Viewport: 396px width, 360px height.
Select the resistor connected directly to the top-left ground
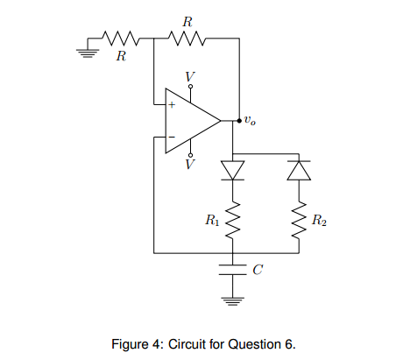120,38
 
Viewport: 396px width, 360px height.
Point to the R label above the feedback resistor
187,20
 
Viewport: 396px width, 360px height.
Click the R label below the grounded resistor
121,57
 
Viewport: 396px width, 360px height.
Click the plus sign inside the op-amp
172,105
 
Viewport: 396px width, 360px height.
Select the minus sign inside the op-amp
172,137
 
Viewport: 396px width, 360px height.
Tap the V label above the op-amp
190,77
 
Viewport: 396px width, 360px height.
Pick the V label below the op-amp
190,164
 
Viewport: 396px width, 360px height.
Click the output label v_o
251,120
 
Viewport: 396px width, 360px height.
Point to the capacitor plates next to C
232,268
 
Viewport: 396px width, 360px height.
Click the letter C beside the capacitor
256,270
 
